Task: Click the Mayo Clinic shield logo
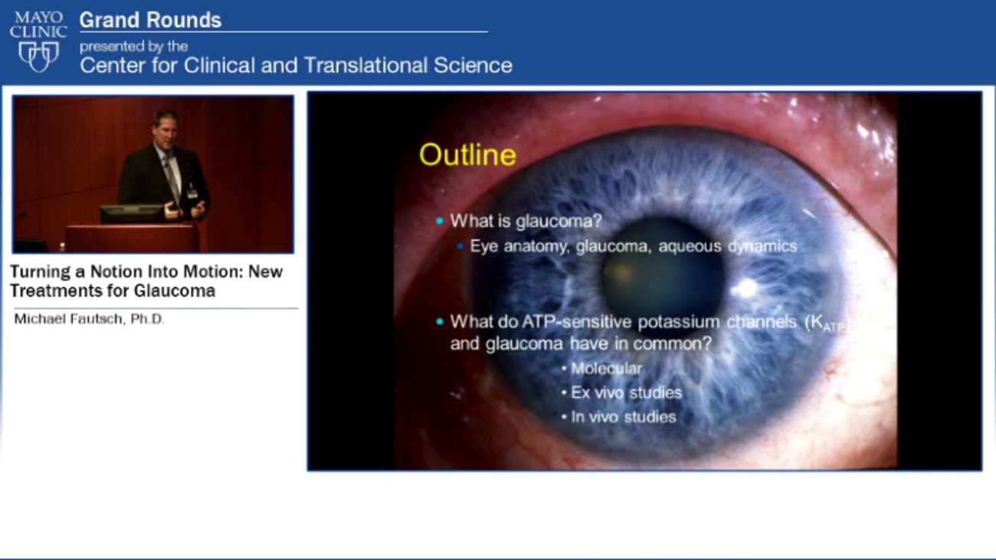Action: [x=38, y=56]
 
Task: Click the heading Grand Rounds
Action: [x=150, y=20]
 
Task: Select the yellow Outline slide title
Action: [x=467, y=155]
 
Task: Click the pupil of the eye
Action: [x=663, y=277]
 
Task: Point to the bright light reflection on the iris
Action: [x=744, y=288]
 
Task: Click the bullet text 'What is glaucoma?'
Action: [x=526, y=221]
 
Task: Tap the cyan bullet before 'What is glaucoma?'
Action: [x=440, y=221]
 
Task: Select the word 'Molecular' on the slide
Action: [x=606, y=368]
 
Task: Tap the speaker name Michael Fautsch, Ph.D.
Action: [x=89, y=319]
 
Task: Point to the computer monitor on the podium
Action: [x=131, y=214]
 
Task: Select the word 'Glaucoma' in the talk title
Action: [x=176, y=291]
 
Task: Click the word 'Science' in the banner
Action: [x=473, y=65]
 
